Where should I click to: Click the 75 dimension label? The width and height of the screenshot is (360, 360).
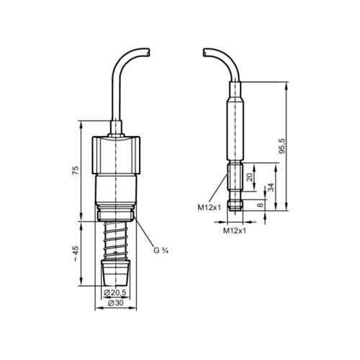(76, 171)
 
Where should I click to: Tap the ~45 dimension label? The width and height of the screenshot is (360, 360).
(76, 254)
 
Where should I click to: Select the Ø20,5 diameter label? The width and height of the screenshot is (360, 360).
(114, 292)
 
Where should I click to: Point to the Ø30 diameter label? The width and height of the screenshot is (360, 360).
(116, 303)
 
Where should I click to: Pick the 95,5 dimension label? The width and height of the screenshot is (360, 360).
(283, 146)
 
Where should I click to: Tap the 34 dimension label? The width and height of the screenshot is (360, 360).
(271, 187)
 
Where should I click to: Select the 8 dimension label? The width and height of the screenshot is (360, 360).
(260, 205)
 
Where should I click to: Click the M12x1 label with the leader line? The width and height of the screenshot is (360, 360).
(209, 207)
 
